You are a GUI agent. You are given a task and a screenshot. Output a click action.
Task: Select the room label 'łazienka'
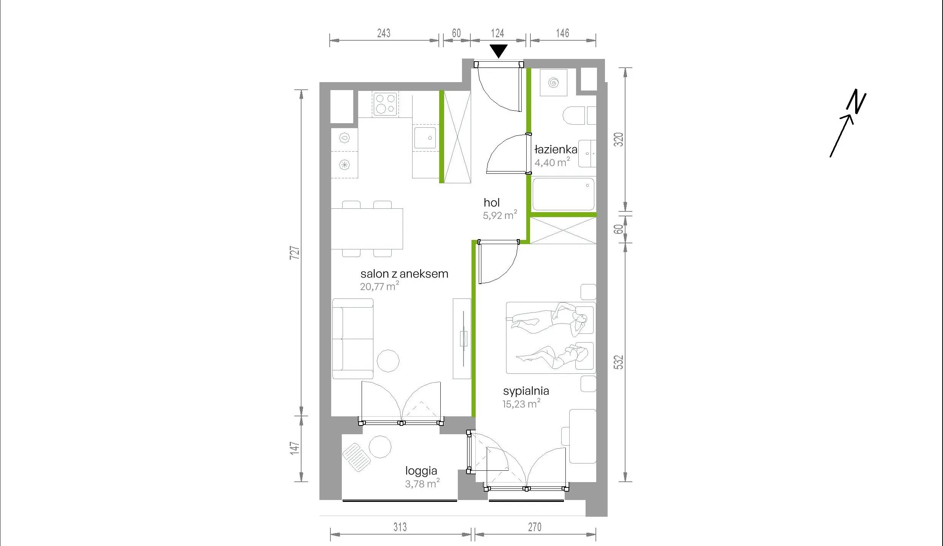[x=556, y=149]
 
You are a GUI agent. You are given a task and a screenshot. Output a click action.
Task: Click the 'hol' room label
[x=492, y=202]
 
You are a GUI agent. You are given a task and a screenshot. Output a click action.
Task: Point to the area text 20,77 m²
[x=379, y=286]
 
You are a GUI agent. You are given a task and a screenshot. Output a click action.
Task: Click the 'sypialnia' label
[x=526, y=391]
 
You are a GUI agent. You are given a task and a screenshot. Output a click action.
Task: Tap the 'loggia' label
[x=421, y=471]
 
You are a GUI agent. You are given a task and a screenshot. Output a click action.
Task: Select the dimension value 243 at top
[x=384, y=33]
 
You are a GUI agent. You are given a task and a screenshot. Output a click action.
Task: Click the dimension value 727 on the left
[x=295, y=253]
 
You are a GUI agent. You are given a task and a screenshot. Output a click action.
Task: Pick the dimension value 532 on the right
[x=619, y=362]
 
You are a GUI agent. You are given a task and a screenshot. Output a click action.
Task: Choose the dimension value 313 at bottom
[x=400, y=527]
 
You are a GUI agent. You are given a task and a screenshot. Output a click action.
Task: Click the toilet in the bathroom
[x=573, y=116]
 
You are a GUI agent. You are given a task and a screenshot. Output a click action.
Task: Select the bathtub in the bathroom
[x=563, y=194]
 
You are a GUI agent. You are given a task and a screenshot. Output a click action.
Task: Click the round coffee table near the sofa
[x=388, y=360]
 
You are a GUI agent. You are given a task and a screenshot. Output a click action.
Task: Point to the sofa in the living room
[x=353, y=339]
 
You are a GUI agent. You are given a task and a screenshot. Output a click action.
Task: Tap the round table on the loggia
[x=380, y=446]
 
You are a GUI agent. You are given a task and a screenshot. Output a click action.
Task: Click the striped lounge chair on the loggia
[x=356, y=457]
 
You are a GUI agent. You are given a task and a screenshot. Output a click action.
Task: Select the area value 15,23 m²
[x=521, y=404]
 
